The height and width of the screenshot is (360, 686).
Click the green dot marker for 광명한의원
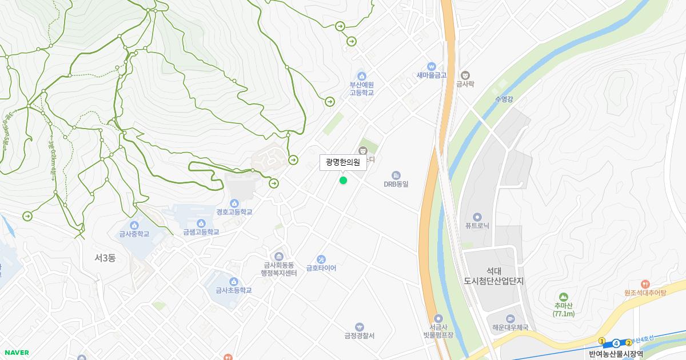point(343,181)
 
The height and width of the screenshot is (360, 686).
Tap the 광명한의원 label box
point(343,162)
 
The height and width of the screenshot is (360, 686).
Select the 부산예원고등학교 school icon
point(361,76)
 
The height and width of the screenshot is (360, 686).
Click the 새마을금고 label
point(431,75)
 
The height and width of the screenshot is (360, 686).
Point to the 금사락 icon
point(465,75)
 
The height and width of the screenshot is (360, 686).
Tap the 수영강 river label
point(504,99)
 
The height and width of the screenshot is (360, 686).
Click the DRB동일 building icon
point(396,175)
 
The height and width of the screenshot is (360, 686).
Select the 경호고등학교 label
point(234,212)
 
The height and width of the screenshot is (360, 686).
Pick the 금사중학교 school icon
point(134,225)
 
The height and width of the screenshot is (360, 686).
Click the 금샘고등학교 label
point(201,232)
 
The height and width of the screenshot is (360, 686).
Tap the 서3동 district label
point(105,258)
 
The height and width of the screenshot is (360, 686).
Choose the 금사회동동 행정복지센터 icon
point(279,256)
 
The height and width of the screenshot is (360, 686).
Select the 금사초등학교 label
point(233,290)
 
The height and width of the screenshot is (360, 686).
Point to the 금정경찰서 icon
point(359,327)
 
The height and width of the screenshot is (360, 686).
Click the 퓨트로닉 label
point(477,225)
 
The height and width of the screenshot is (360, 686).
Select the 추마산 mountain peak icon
point(564,297)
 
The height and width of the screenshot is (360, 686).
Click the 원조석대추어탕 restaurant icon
point(645,284)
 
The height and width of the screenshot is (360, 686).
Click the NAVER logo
point(17,353)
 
